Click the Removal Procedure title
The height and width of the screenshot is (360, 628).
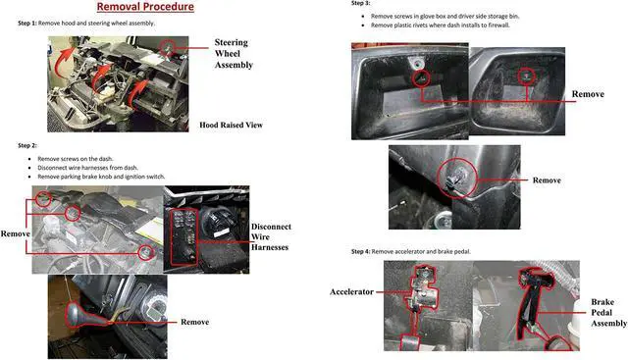144,7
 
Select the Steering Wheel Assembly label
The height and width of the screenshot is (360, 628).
233,54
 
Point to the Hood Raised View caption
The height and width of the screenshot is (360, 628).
231,126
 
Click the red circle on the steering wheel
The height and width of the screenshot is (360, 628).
169,46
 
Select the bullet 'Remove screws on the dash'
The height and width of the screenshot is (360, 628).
81,158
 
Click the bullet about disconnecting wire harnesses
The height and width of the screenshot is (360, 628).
96,167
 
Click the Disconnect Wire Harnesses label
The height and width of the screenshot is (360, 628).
271,239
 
